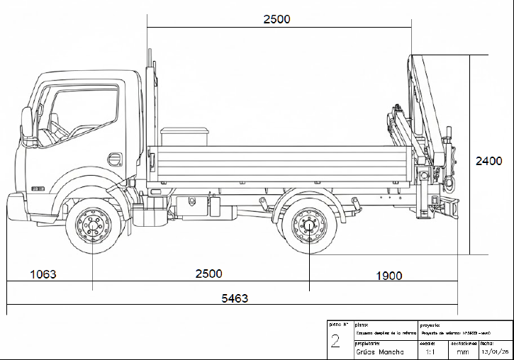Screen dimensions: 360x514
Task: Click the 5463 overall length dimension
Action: tap(234, 299)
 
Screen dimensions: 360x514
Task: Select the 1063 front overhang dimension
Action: tap(43, 274)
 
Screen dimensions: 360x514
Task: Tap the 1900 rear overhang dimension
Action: tap(388, 276)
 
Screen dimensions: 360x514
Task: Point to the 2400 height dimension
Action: tap(488, 161)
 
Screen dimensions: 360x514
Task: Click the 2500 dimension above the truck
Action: tap(276, 19)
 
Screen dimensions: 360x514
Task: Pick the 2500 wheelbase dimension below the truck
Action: tap(208, 274)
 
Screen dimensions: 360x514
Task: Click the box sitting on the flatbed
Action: tap(184, 137)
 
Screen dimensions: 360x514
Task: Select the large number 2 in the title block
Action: tap(335, 342)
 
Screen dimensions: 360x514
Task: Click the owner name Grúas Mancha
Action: tap(379, 351)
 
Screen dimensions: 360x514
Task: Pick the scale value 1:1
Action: tap(430, 351)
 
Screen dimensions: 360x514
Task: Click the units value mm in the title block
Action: tap(462, 351)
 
